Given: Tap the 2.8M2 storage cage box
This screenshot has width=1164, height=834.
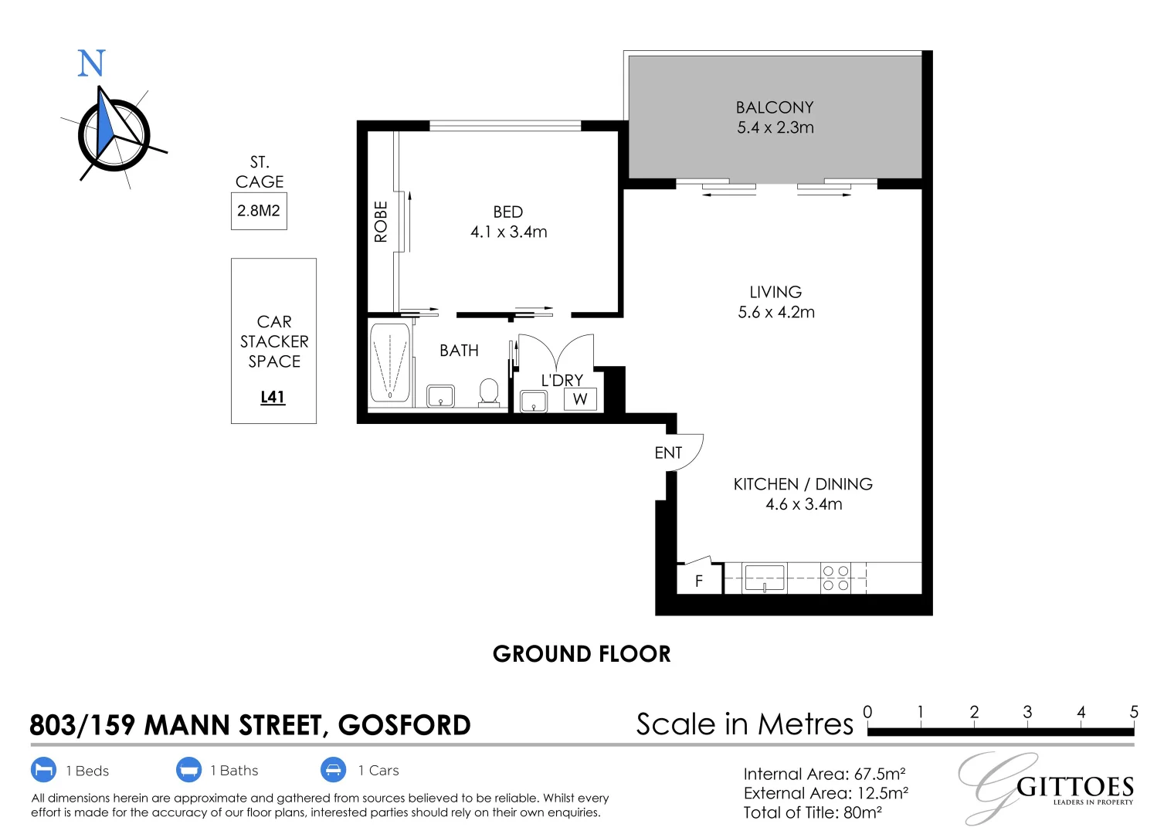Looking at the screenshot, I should click(259, 211).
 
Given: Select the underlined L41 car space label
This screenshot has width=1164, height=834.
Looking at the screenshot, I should click(273, 397).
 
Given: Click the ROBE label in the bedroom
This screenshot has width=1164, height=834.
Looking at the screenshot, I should click(381, 222).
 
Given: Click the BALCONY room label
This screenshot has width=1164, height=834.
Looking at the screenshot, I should click(775, 107).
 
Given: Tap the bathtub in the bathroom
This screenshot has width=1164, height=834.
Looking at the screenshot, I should click(390, 362).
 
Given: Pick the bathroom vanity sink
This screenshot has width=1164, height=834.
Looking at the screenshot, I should click(441, 396).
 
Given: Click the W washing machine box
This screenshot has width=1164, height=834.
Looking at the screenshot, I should click(580, 399).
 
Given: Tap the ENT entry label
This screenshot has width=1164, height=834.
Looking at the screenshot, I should click(668, 453).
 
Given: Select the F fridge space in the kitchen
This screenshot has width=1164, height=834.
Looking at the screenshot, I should click(699, 580).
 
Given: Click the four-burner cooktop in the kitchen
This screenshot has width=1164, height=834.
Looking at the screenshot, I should click(835, 578).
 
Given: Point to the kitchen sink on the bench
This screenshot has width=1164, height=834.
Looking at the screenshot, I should click(764, 578).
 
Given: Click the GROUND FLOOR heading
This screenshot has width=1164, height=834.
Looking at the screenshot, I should click(582, 654).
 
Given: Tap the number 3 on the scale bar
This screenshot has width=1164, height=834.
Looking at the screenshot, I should click(1027, 712).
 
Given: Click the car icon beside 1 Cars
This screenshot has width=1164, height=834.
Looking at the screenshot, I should click(334, 770).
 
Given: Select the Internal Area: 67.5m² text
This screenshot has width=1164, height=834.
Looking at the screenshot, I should click(824, 774).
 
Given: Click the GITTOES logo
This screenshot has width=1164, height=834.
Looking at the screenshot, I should click(1074, 787).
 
